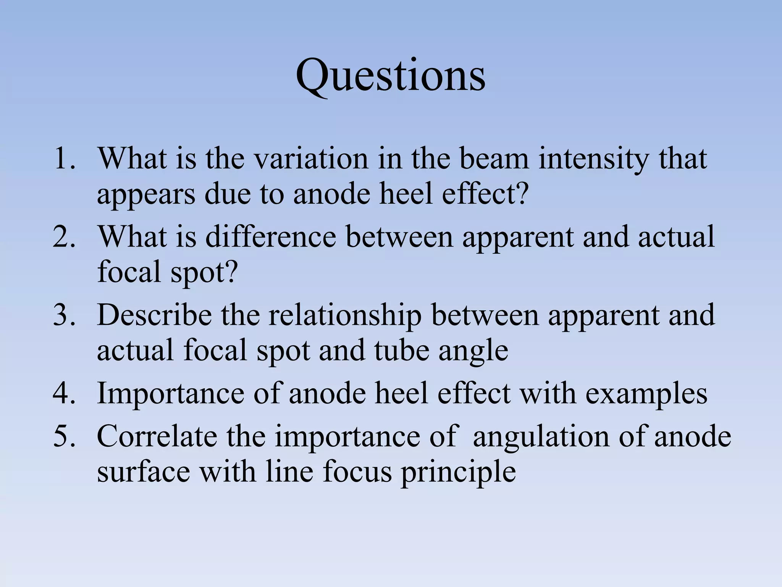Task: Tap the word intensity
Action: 593,160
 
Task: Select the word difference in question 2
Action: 271,237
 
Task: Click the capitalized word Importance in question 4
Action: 170,394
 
